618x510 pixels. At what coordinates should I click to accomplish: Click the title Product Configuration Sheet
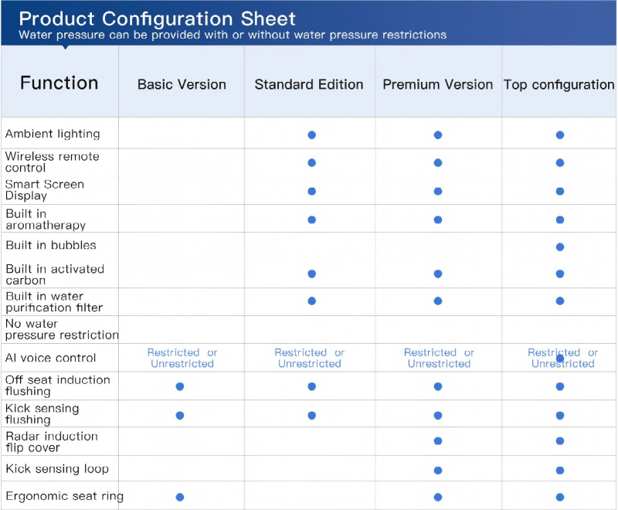[x=157, y=18]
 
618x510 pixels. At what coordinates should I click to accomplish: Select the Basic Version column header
[x=182, y=84]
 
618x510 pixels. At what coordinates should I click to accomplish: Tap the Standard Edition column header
[x=309, y=84]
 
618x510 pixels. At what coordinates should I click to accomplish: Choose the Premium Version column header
[x=438, y=84]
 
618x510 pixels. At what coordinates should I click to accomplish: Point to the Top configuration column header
[x=559, y=84]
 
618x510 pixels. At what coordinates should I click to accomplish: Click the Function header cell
[x=59, y=83]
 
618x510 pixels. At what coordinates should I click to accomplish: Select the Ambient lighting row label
[x=53, y=134]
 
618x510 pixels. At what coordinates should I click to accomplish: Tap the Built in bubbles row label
[x=51, y=245]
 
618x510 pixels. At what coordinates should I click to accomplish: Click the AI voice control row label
[x=51, y=358]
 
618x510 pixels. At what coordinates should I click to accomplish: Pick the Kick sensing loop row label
[x=57, y=469]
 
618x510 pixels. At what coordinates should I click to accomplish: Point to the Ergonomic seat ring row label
[x=64, y=496]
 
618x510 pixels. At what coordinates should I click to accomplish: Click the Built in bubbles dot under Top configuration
[x=560, y=247]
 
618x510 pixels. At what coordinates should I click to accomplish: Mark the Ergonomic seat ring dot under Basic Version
[x=180, y=497]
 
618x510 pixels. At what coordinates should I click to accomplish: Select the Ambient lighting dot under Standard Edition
[x=312, y=134]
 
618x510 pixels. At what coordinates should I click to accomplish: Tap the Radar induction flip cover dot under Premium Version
[x=438, y=441]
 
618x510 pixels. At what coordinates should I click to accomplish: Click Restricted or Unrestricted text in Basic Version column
[x=182, y=358]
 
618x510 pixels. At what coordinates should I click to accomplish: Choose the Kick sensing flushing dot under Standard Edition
[x=312, y=415]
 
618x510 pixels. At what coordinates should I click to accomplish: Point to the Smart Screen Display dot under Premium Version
[x=438, y=191]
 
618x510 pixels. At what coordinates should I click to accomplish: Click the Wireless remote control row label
[x=53, y=161]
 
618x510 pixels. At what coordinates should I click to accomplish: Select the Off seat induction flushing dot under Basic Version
[x=180, y=386]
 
